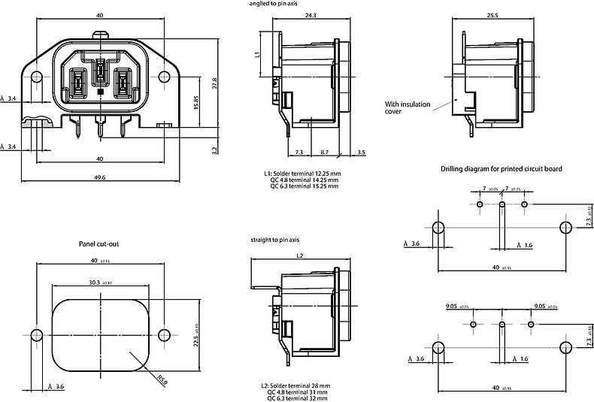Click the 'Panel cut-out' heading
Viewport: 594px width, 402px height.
tap(99, 244)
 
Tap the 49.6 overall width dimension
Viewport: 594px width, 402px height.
tap(99, 177)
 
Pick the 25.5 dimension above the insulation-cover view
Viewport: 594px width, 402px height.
tap(492, 16)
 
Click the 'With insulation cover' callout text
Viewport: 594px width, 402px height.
tap(405, 107)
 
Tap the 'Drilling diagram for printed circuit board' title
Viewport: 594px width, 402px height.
tap(501, 169)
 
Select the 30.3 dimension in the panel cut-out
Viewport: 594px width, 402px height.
tap(95, 283)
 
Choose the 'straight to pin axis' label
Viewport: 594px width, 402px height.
tap(275, 239)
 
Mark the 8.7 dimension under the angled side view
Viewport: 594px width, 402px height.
tap(324, 153)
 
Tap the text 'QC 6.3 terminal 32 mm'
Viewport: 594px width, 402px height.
tap(299, 397)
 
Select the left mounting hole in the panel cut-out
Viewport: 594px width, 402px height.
tap(35, 334)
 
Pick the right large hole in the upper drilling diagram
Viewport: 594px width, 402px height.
tap(565, 227)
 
